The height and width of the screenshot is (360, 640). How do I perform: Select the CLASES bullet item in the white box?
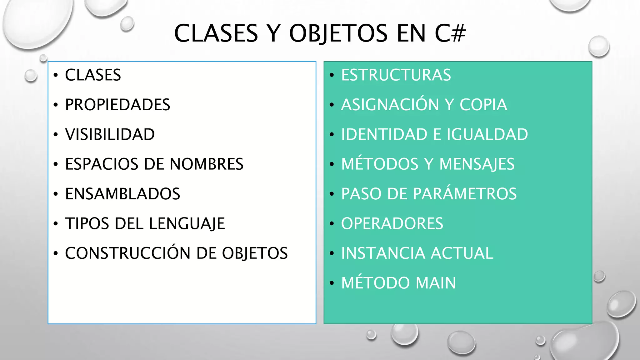(x=93, y=75)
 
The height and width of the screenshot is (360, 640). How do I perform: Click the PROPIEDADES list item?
(x=117, y=105)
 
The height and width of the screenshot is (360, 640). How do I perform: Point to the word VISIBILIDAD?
(x=110, y=134)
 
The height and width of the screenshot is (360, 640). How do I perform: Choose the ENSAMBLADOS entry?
(x=122, y=194)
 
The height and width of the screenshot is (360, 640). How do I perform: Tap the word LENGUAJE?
(x=187, y=224)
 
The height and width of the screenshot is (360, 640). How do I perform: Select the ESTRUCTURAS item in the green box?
(x=396, y=75)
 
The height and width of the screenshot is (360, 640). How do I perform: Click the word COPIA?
(x=483, y=105)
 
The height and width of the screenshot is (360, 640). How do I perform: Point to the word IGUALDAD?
(x=487, y=134)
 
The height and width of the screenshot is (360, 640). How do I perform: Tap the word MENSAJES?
(x=477, y=164)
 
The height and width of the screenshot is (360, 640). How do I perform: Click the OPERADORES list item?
(x=392, y=224)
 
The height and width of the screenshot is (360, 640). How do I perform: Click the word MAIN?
(x=436, y=283)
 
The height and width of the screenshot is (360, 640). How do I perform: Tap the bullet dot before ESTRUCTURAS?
(x=332, y=75)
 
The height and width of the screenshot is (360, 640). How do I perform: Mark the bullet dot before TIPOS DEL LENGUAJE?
(x=56, y=224)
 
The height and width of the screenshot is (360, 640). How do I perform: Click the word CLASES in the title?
(x=216, y=33)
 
